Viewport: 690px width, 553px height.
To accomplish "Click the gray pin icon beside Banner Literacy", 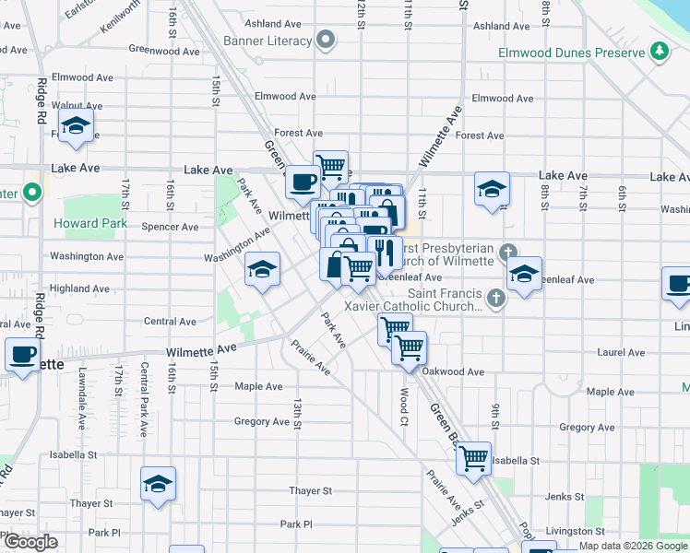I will coord(325,40).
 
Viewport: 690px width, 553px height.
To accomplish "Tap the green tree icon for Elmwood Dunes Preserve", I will coord(659,53).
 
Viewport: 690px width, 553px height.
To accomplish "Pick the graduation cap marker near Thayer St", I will coord(159,485).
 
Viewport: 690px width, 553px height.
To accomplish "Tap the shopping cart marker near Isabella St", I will coord(473,457).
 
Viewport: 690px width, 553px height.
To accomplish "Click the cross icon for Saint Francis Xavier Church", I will coord(496,298).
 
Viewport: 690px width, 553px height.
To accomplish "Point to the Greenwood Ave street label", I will coord(164,50).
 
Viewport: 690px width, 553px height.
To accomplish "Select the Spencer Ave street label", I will coord(171,227).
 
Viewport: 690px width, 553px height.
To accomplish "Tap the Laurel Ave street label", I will coord(621,352).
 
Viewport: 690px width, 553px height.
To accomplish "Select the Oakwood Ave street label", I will coord(453,372).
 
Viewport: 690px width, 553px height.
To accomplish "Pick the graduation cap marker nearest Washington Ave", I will coord(262,270).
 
